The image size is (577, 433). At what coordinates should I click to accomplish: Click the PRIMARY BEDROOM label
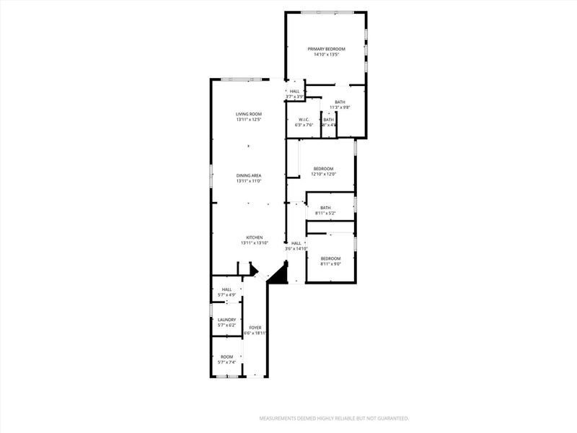(x=327, y=49)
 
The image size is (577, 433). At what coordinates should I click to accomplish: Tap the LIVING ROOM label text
(x=248, y=114)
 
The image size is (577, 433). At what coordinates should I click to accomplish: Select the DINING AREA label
(x=248, y=175)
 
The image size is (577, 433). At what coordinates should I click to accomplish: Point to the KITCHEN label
(x=254, y=237)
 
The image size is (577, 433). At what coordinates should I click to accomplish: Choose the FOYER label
(x=255, y=328)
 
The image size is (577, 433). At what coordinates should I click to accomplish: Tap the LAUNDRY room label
(x=227, y=320)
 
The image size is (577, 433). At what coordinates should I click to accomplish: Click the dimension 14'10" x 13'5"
(x=327, y=54)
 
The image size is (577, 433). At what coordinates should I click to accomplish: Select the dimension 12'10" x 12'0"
(x=323, y=174)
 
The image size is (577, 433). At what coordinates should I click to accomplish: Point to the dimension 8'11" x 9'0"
(x=330, y=263)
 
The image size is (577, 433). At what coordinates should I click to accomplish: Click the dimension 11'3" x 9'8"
(x=340, y=108)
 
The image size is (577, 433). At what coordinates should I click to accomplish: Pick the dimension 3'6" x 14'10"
(x=296, y=248)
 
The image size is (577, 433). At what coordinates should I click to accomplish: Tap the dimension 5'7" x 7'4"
(x=227, y=362)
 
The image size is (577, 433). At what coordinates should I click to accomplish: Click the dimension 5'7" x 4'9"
(x=227, y=294)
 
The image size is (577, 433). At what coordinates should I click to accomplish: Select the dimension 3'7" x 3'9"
(x=294, y=96)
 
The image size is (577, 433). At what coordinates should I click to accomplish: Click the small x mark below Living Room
(x=248, y=146)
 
